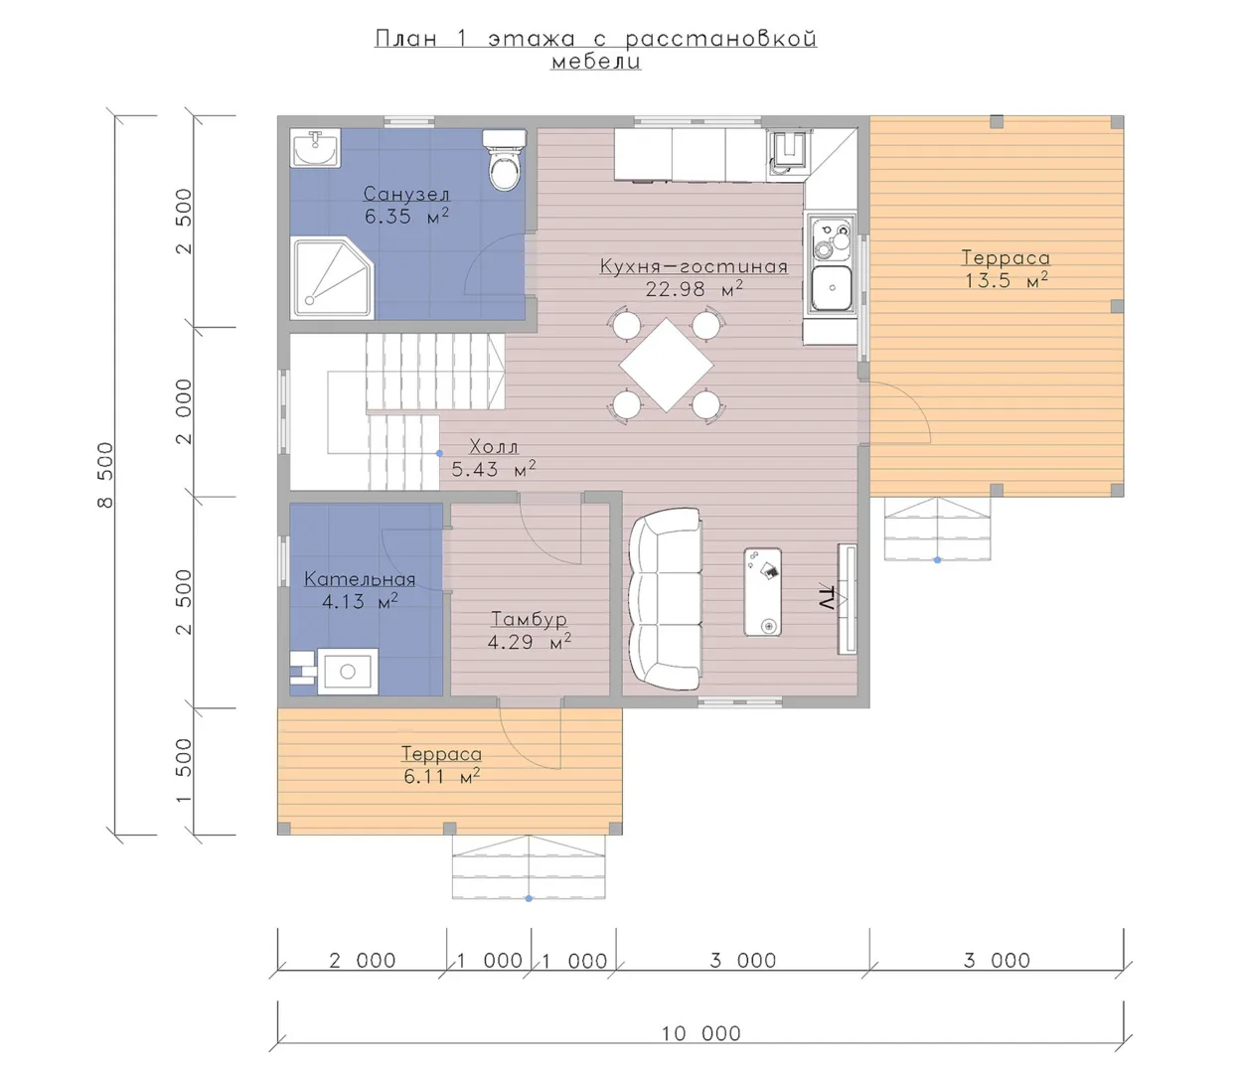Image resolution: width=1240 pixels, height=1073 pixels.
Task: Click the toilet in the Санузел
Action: pyautogui.click(x=505, y=160)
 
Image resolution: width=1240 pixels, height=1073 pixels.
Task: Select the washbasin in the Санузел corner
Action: pyautogui.click(x=316, y=148)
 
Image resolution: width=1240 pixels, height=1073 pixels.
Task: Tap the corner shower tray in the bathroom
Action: pyautogui.click(x=332, y=278)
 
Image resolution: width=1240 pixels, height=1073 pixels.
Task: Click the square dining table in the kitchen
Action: pyautogui.click(x=666, y=365)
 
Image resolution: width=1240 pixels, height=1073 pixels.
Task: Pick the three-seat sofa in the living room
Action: pyautogui.click(x=666, y=598)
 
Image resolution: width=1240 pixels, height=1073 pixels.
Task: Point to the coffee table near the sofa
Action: pyautogui.click(x=762, y=591)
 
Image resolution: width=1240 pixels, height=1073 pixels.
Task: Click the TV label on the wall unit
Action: pyautogui.click(x=827, y=598)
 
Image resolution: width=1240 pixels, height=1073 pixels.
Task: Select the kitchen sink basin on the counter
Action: pyautogui.click(x=831, y=288)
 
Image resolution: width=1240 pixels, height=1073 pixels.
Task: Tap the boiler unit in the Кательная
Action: pyautogui.click(x=348, y=672)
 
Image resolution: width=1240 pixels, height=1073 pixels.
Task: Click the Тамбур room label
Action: pyautogui.click(x=529, y=618)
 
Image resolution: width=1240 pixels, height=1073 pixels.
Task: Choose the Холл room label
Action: pyautogui.click(x=493, y=446)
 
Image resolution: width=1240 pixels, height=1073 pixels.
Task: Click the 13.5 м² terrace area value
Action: pyautogui.click(x=1007, y=280)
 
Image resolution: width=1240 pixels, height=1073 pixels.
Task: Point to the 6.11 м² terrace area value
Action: pyautogui.click(x=441, y=776)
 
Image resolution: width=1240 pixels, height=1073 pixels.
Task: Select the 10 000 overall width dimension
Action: pyautogui.click(x=700, y=1033)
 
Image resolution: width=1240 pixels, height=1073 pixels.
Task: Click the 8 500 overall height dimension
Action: pyautogui.click(x=105, y=475)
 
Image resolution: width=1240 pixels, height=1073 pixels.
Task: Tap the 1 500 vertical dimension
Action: pyautogui.click(x=184, y=771)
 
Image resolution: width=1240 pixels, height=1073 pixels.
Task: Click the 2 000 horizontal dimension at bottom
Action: pyautogui.click(x=363, y=961)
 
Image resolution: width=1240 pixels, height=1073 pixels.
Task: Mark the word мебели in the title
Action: pyautogui.click(x=596, y=62)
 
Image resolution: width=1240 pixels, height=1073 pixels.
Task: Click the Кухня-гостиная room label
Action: pyautogui.click(x=694, y=266)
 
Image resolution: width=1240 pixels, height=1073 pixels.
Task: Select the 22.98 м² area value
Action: pyautogui.click(x=694, y=289)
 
